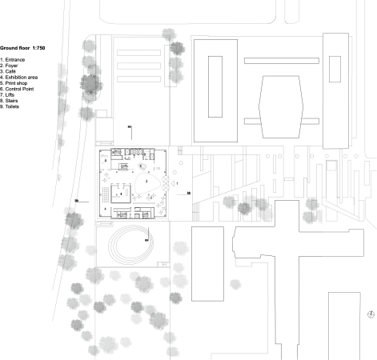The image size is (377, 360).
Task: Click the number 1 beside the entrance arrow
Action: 178,184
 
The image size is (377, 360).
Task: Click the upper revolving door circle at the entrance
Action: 166,181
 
